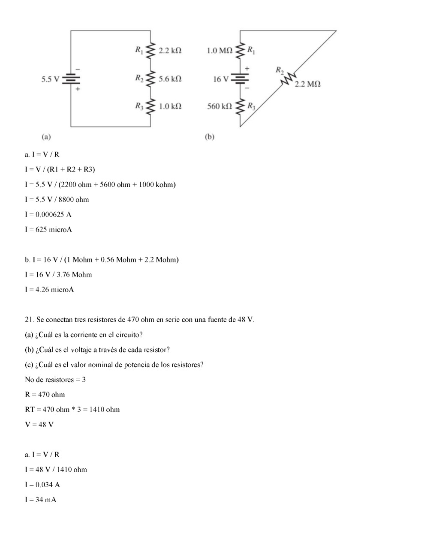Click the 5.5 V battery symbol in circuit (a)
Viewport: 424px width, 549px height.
[71, 79]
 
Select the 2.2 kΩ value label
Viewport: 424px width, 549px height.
[170, 51]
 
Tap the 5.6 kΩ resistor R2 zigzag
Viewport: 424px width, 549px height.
[150, 78]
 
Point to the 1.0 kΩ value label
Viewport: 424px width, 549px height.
[170, 106]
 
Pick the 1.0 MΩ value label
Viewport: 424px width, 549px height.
[219, 51]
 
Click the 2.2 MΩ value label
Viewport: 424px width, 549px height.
[307, 84]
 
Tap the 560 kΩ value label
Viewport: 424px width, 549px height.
[219, 106]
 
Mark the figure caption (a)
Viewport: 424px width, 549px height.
[46, 137]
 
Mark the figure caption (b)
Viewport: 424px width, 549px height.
[209, 137]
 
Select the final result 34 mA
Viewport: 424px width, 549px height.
[46, 500]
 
